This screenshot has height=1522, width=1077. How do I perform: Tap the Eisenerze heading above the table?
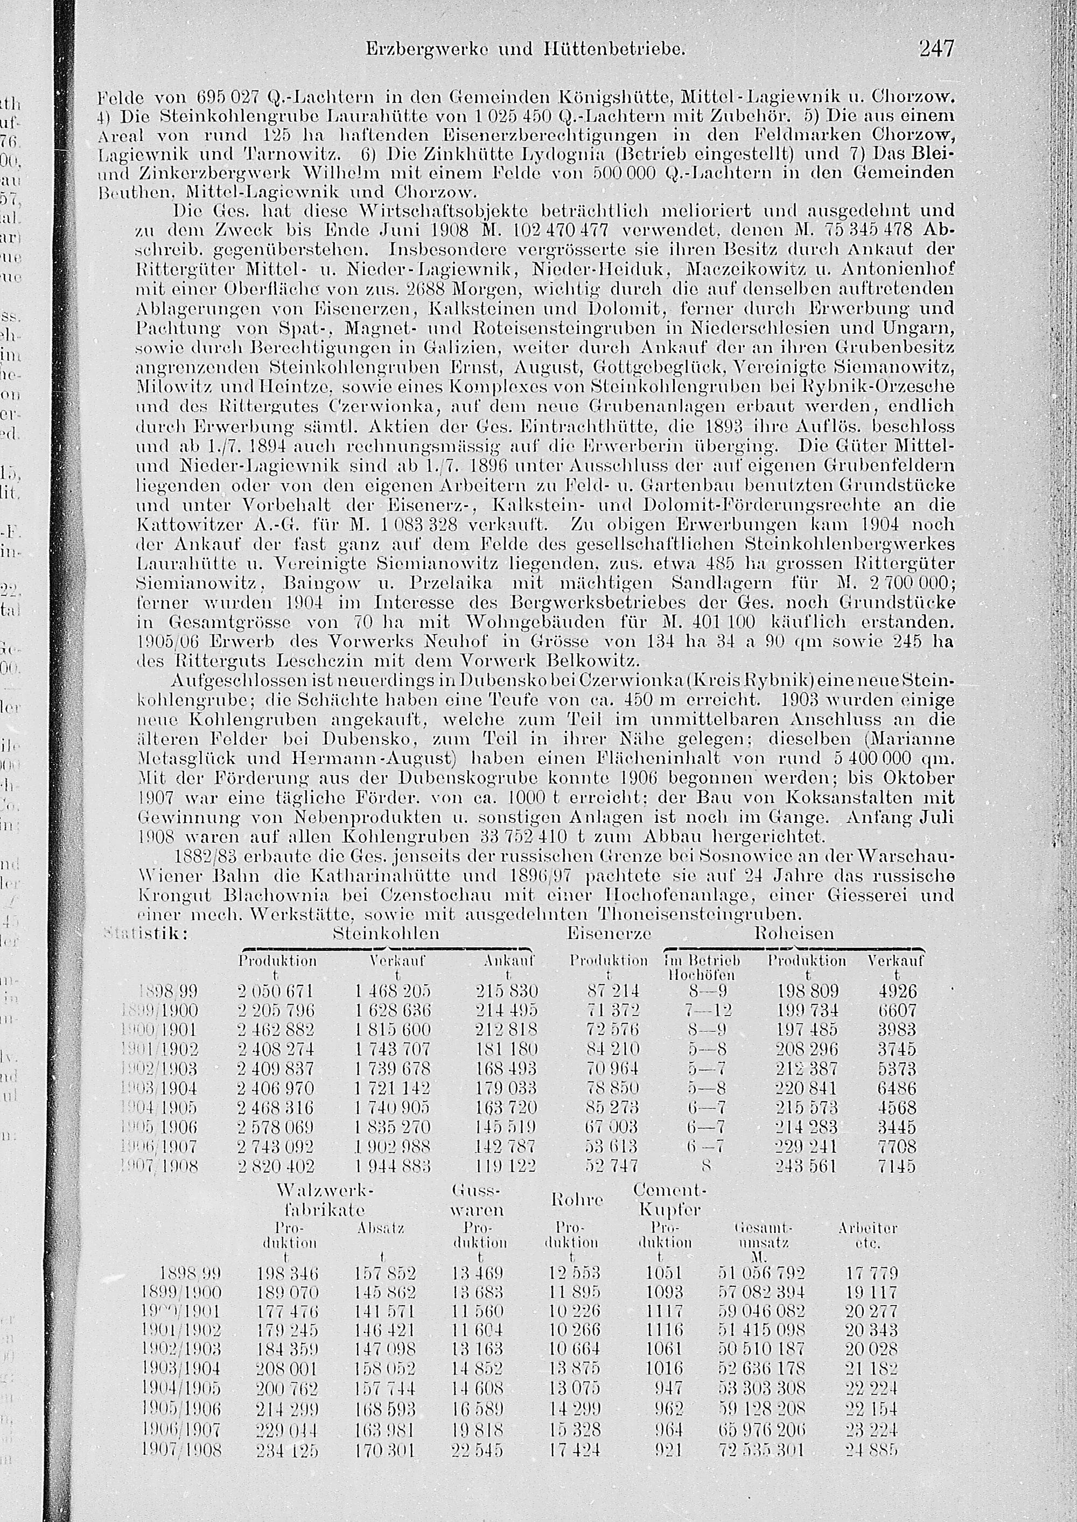tap(609, 933)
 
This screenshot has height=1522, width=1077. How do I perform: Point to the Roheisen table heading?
tap(794, 933)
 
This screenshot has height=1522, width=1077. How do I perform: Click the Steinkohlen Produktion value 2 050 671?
tap(275, 992)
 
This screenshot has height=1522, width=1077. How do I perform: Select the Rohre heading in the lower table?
tap(577, 1199)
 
